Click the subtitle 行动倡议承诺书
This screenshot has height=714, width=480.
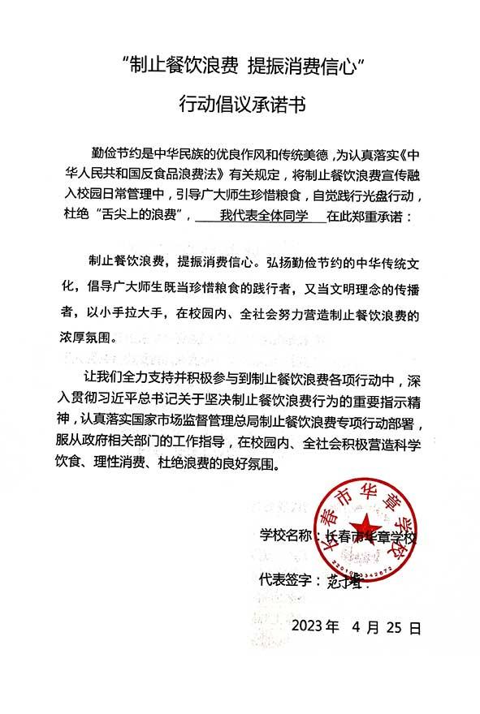(x=240, y=105)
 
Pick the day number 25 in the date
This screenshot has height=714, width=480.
(x=394, y=627)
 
